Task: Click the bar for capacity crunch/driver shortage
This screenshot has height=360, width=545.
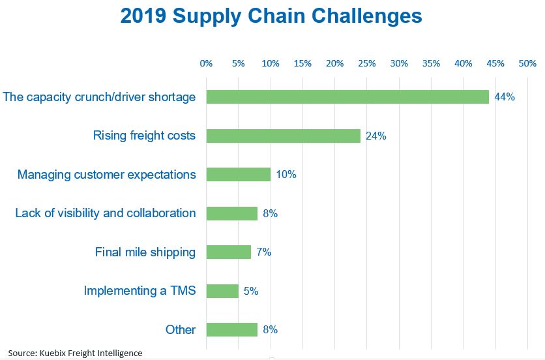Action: coord(347,97)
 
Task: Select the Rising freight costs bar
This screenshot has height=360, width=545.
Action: coord(284,136)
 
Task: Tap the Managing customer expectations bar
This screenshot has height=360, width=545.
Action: coord(239,174)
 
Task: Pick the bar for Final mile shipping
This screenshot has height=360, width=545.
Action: coord(229,252)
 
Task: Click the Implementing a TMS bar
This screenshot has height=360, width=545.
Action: coord(222,291)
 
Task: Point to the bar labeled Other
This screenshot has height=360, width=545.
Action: coord(232,329)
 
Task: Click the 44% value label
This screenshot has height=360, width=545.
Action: coord(505,97)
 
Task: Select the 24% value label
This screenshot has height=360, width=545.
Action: coord(376,136)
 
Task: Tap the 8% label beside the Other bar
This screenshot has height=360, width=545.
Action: coord(271,329)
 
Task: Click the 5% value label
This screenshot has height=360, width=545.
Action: coord(251,291)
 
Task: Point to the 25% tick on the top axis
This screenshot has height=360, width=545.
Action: coord(367,64)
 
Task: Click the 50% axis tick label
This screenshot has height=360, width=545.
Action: coord(527,64)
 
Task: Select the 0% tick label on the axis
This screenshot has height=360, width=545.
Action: coord(206,64)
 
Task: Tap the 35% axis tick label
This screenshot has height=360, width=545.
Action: coord(432,64)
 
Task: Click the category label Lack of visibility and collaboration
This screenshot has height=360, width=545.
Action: coord(106,213)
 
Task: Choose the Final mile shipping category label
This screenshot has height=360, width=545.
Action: coord(145,252)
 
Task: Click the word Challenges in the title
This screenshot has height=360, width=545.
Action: coord(366,16)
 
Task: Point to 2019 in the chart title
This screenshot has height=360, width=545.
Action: coord(143,16)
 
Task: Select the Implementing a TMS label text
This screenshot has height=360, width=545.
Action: coord(140,291)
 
